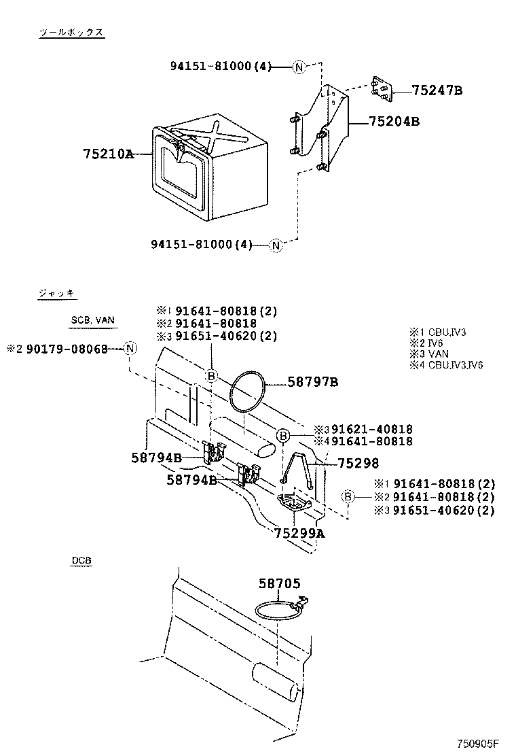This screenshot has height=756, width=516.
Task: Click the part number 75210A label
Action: [108, 154]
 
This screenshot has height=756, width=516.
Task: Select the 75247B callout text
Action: [437, 90]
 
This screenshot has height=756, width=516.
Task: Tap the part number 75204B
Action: [394, 122]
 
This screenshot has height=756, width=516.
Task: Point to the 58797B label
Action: [312, 383]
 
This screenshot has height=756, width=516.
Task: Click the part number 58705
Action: [278, 583]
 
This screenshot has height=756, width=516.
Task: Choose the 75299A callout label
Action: [299, 534]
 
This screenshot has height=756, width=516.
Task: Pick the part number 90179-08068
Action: [67, 349]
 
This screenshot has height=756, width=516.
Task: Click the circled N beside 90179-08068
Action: [130, 349]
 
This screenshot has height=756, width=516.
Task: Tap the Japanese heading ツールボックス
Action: [71, 33]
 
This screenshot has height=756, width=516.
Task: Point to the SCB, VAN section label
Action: [92, 320]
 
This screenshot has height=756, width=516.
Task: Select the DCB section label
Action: [81, 561]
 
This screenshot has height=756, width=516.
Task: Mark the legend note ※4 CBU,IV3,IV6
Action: [446, 365]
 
